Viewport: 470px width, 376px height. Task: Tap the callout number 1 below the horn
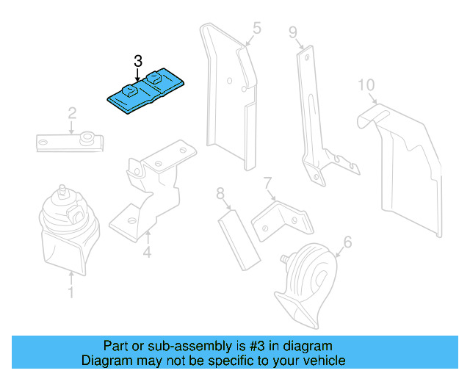click(71, 293)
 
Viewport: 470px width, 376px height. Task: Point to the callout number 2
click(72, 113)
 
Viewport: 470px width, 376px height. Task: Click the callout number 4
click(147, 254)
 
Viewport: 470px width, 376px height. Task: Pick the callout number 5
click(256, 29)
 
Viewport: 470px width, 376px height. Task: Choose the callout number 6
click(347, 241)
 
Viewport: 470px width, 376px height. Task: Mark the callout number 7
click(267, 181)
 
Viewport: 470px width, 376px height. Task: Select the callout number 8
click(220, 194)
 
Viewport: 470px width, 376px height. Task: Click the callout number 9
click(292, 32)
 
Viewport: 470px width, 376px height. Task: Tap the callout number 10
click(366, 86)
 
